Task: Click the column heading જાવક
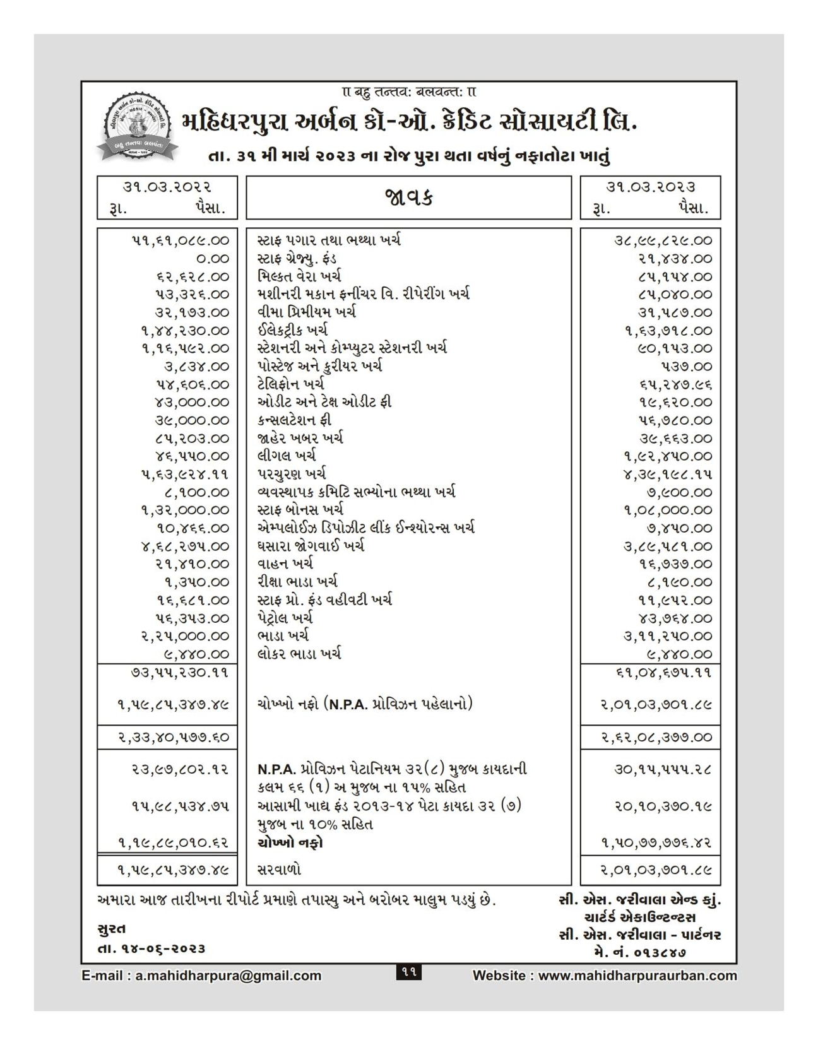408,198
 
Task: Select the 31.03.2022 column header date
167,187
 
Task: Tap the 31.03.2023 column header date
651,187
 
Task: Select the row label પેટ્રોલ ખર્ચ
285,618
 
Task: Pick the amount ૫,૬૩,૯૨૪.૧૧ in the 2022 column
185,474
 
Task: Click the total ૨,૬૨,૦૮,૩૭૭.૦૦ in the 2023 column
656,737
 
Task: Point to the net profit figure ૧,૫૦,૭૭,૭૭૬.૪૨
656,842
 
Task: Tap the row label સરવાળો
279,870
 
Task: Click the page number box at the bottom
408,972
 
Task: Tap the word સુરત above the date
112,929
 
